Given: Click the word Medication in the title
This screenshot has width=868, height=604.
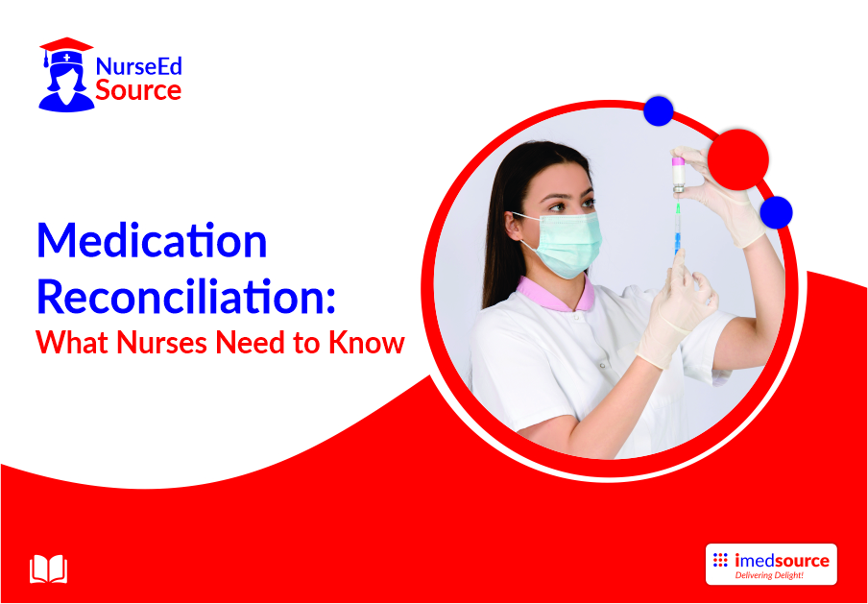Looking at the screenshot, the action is (x=153, y=242).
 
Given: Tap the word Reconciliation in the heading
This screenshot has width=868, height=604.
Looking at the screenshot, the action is (x=186, y=297).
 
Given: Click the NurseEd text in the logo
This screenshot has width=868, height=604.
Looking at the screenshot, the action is (x=139, y=67).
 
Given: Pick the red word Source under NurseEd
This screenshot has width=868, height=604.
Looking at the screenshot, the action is (x=138, y=90).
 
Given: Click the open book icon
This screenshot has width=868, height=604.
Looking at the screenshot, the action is (x=48, y=569).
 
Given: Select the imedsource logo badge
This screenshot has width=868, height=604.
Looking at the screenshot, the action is (x=771, y=564).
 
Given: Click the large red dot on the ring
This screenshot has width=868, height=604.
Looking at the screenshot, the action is (x=738, y=159).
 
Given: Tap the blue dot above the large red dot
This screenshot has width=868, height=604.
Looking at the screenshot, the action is (x=658, y=110).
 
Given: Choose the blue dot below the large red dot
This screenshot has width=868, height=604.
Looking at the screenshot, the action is (x=776, y=212).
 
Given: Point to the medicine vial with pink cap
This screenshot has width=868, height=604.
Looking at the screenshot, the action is (x=678, y=175).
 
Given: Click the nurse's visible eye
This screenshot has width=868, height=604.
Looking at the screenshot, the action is (x=558, y=206).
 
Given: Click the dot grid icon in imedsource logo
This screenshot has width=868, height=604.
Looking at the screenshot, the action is (x=720, y=560).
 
